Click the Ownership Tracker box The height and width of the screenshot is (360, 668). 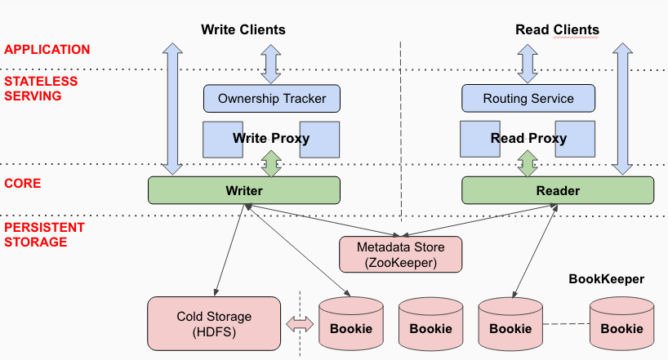click(271, 99)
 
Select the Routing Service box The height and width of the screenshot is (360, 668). click(528, 99)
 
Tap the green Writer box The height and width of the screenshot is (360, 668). click(243, 190)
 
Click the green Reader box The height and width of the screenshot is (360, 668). click(558, 190)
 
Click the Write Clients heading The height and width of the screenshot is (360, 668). click(243, 30)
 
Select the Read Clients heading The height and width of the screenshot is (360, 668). click(557, 30)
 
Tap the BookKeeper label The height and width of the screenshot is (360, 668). click(606, 279)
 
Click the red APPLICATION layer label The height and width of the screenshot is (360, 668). click(47, 50)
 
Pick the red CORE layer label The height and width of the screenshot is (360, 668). click(23, 184)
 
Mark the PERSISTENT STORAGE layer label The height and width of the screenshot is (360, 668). click(42, 234)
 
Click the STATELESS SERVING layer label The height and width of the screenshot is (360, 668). click(41, 88)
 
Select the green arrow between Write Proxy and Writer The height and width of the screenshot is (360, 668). click(271, 162)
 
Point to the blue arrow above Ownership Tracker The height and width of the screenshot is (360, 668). click(271, 64)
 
